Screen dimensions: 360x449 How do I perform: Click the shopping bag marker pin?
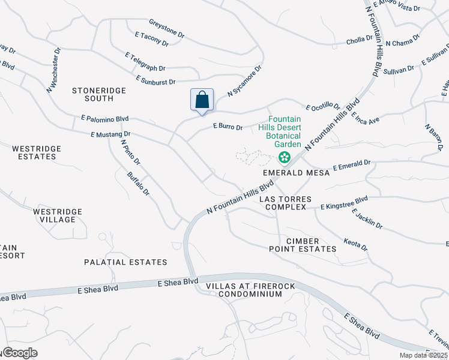coord(202,100)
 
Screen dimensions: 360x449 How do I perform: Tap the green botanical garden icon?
coord(285,158)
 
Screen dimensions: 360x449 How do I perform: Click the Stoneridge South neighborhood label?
coord(92,94)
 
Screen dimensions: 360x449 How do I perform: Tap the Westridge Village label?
coord(58,215)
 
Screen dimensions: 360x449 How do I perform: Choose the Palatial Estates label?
coord(125,262)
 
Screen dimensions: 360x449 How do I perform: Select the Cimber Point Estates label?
coord(310,245)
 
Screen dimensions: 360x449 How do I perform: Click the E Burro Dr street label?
coord(228,127)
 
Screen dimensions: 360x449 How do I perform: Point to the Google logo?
coord(19,353)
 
